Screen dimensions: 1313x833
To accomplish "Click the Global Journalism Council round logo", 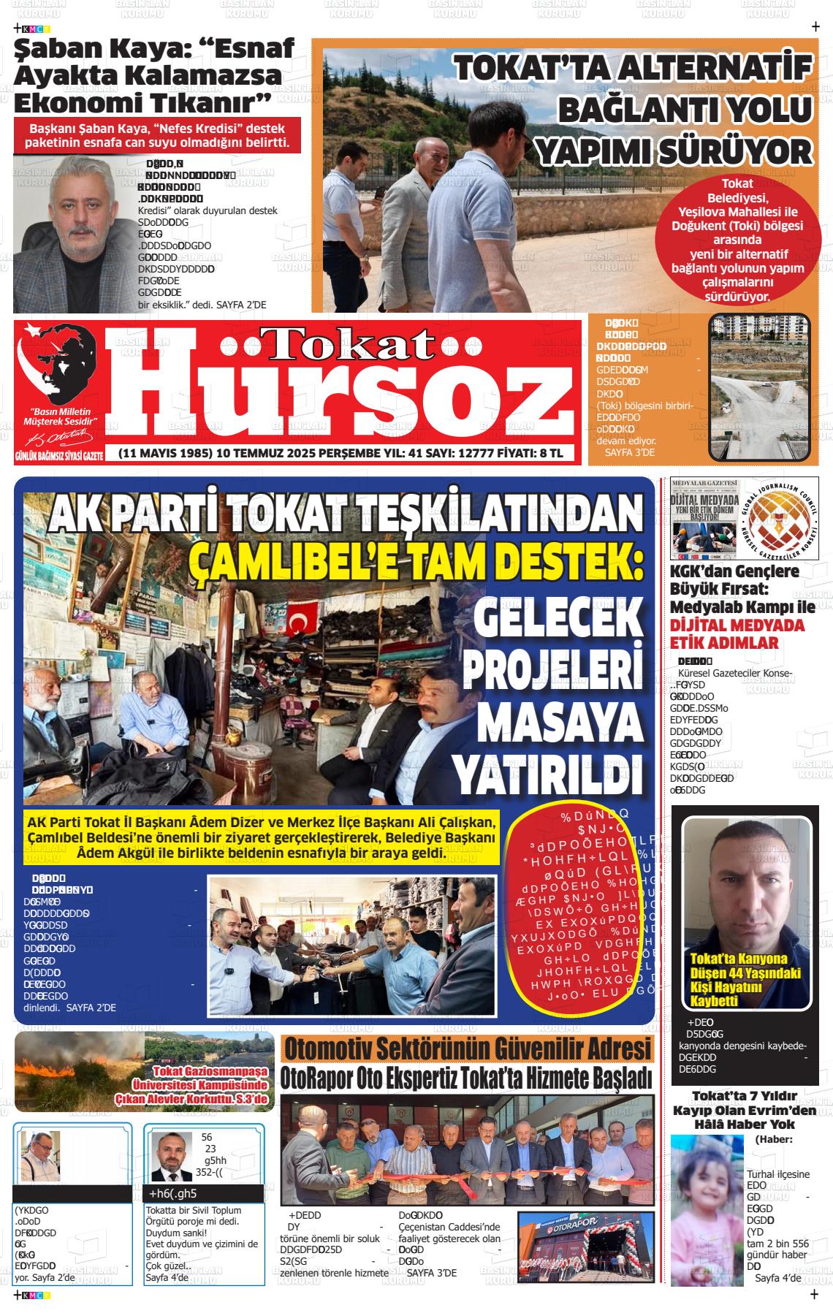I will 779,520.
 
